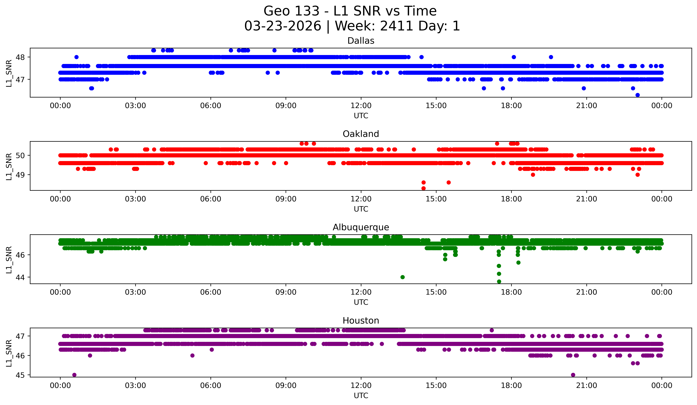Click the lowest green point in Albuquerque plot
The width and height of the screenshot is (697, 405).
tap(499, 281)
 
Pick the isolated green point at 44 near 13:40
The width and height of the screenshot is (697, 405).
tap(403, 277)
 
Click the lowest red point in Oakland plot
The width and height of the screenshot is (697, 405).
tap(423, 188)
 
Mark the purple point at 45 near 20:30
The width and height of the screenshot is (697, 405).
tap(573, 375)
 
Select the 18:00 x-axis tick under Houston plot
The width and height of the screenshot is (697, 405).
tap(511, 385)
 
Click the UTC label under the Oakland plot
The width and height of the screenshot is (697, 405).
tap(361, 209)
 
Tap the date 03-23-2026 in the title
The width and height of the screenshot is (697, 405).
tap(283, 26)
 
